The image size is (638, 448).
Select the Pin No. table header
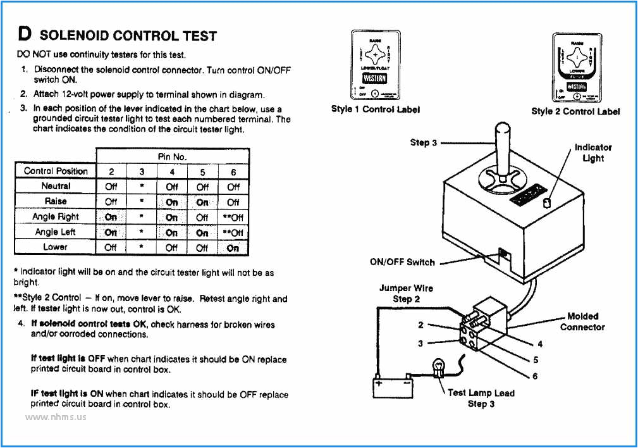coord(172,156)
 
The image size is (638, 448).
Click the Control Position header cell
coord(56,171)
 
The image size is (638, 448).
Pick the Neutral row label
coord(56,186)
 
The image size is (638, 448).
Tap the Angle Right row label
coord(56,216)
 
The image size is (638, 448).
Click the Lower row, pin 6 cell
coord(233,247)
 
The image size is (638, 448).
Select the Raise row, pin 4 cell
coord(172,202)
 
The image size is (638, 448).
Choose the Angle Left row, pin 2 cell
coord(111,232)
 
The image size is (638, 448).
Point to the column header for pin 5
coord(202,171)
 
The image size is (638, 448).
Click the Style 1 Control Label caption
coord(375,109)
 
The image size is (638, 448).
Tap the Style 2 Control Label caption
coord(575,111)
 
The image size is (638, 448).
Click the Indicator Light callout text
coord(592,152)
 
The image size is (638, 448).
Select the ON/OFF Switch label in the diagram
coord(402,262)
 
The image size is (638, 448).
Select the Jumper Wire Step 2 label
coord(406,293)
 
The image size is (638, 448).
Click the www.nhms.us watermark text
coord(56,417)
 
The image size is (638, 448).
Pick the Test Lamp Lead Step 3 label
coord(481,398)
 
